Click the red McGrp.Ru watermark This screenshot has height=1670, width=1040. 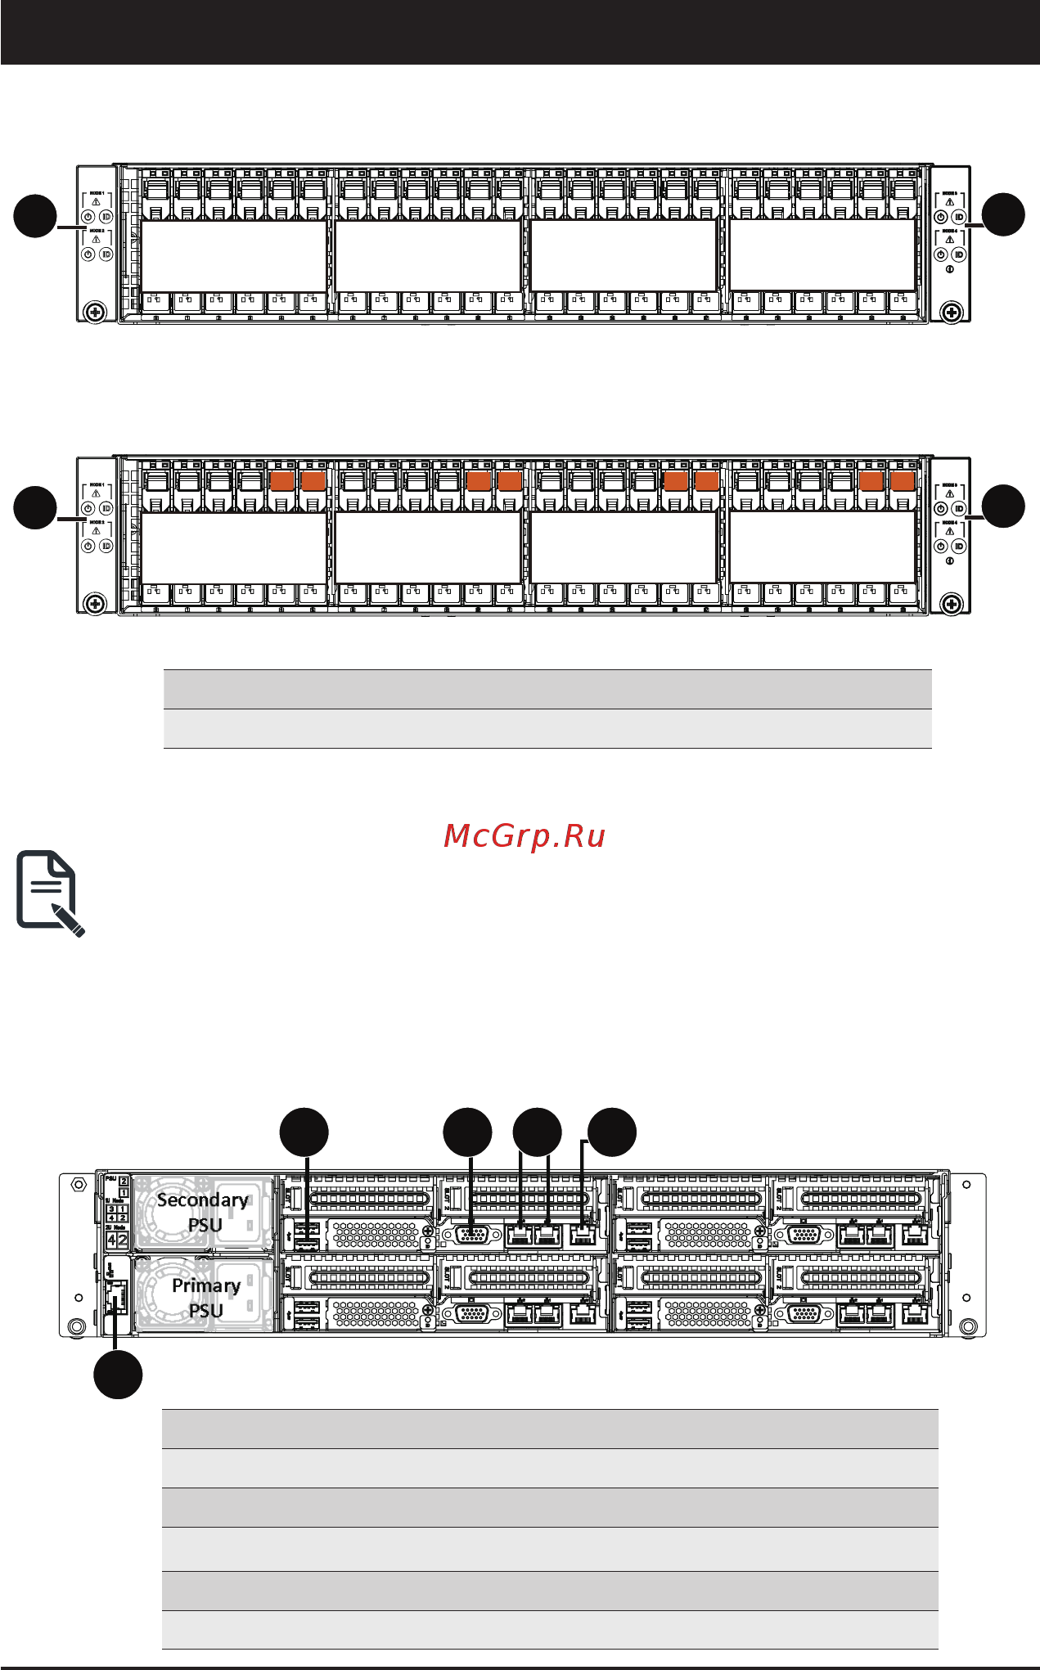click(x=524, y=836)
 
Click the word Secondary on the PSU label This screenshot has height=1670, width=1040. click(x=202, y=1200)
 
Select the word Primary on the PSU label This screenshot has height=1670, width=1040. click(x=205, y=1285)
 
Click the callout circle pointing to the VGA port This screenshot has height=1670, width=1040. click(x=467, y=1132)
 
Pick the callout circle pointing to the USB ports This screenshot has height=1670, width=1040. click(x=304, y=1132)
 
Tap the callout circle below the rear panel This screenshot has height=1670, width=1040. click(x=118, y=1375)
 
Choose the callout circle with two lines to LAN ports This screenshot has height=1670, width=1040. click(x=537, y=1132)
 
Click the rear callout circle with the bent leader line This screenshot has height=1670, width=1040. click(x=612, y=1132)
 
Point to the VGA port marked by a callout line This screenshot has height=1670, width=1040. click(x=472, y=1234)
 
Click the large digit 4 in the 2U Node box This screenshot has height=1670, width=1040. click(x=112, y=1240)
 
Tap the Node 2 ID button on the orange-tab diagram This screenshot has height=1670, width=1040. click(x=106, y=546)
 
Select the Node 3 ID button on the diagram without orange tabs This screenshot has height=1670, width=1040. click(x=959, y=217)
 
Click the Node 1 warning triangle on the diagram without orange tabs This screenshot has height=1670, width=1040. click(x=96, y=201)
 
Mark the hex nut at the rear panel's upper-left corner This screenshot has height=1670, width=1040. click(x=79, y=1184)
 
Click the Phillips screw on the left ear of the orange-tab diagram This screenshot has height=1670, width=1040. click(x=95, y=604)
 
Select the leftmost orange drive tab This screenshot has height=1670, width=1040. click(x=281, y=480)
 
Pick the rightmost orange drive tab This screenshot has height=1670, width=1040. click(x=903, y=480)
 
